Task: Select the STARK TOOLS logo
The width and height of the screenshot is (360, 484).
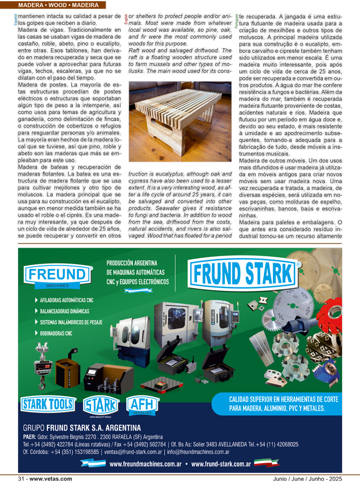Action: click(x=48, y=403)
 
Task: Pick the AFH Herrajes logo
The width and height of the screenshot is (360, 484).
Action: click(x=142, y=404)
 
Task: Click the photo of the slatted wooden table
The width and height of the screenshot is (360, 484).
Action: click(x=180, y=122)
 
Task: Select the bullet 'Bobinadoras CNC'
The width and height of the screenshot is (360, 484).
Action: click(x=56, y=333)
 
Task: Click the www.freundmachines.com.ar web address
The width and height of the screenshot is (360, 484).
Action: click(x=146, y=464)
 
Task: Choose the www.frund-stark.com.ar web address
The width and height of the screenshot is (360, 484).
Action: click(x=220, y=464)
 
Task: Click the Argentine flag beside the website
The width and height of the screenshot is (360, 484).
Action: click(x=93, y=463)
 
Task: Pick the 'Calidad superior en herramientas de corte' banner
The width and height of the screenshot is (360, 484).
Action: click(x=283, y=403)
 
